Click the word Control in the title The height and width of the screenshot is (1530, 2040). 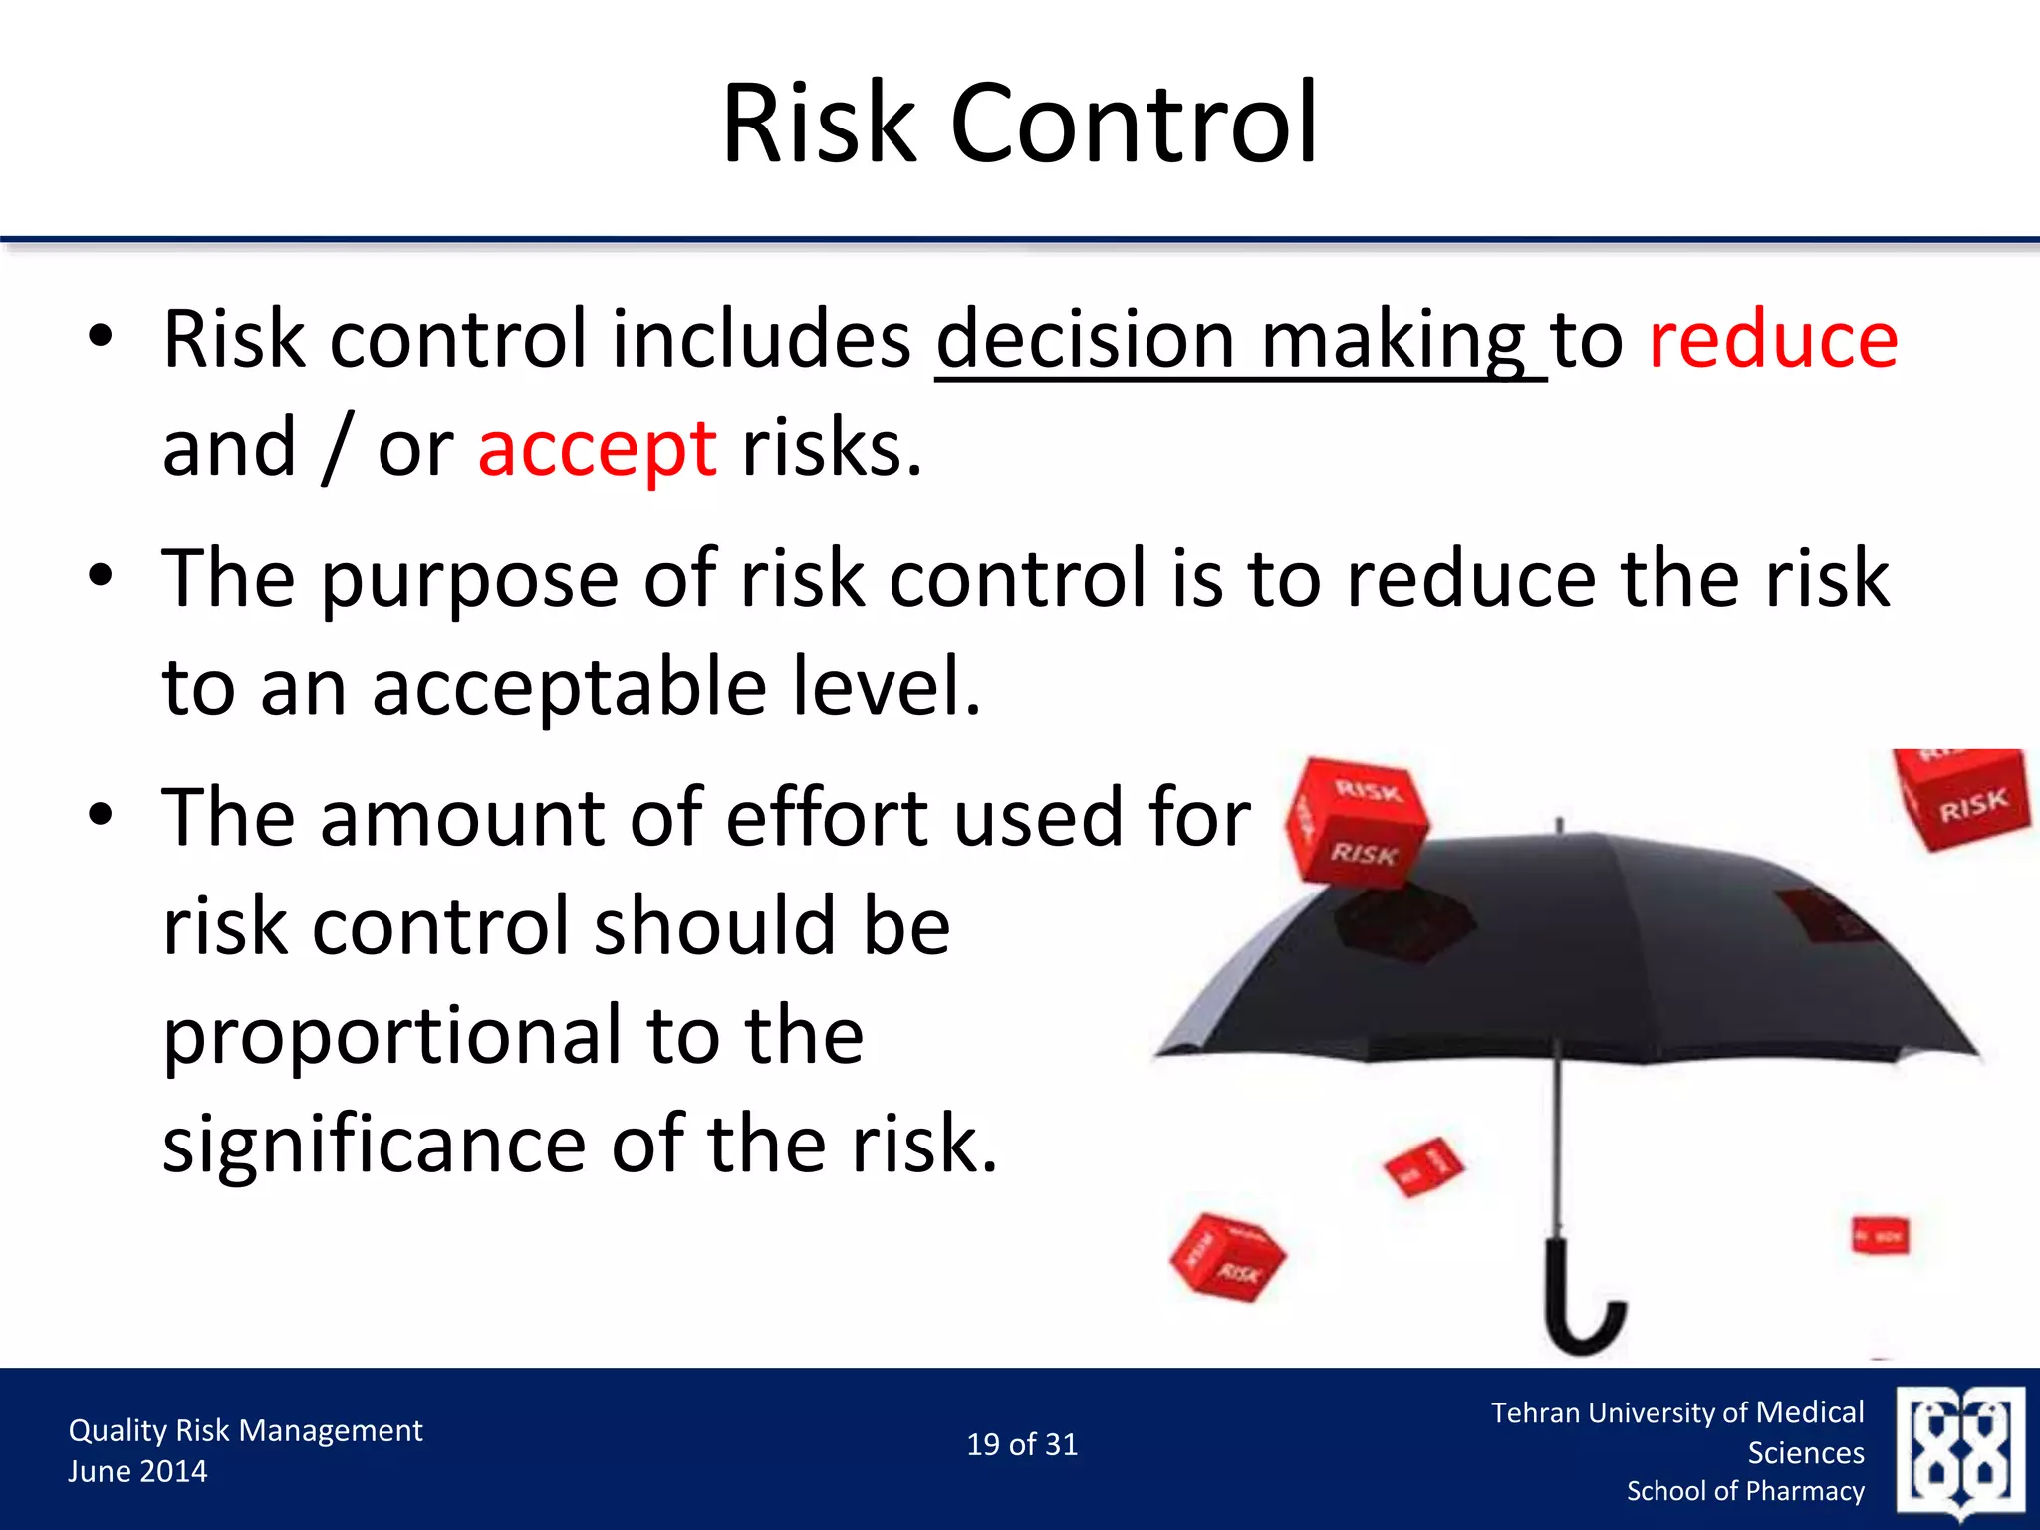click(x=1135, y=125)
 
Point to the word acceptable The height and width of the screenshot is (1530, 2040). click(x=569, y=688)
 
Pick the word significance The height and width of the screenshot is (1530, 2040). click(x=374, y=1146)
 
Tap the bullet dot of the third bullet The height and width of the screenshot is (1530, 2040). click(x=101, y=816)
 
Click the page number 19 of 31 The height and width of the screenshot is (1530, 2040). click(x=1022, y=1445)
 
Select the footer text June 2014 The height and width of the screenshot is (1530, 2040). click(x=137, y=1472)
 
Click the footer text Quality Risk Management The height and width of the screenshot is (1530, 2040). click(x=245, y=1431)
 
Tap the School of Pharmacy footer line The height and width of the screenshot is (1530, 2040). click(x=1745, y=1491)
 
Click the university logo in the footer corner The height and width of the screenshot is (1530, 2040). click(x=1960, y=1451)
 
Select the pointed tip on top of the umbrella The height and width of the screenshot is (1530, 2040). click(x=1559, y=826)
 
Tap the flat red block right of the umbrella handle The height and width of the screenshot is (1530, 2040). click(x=1880, y=1236)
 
